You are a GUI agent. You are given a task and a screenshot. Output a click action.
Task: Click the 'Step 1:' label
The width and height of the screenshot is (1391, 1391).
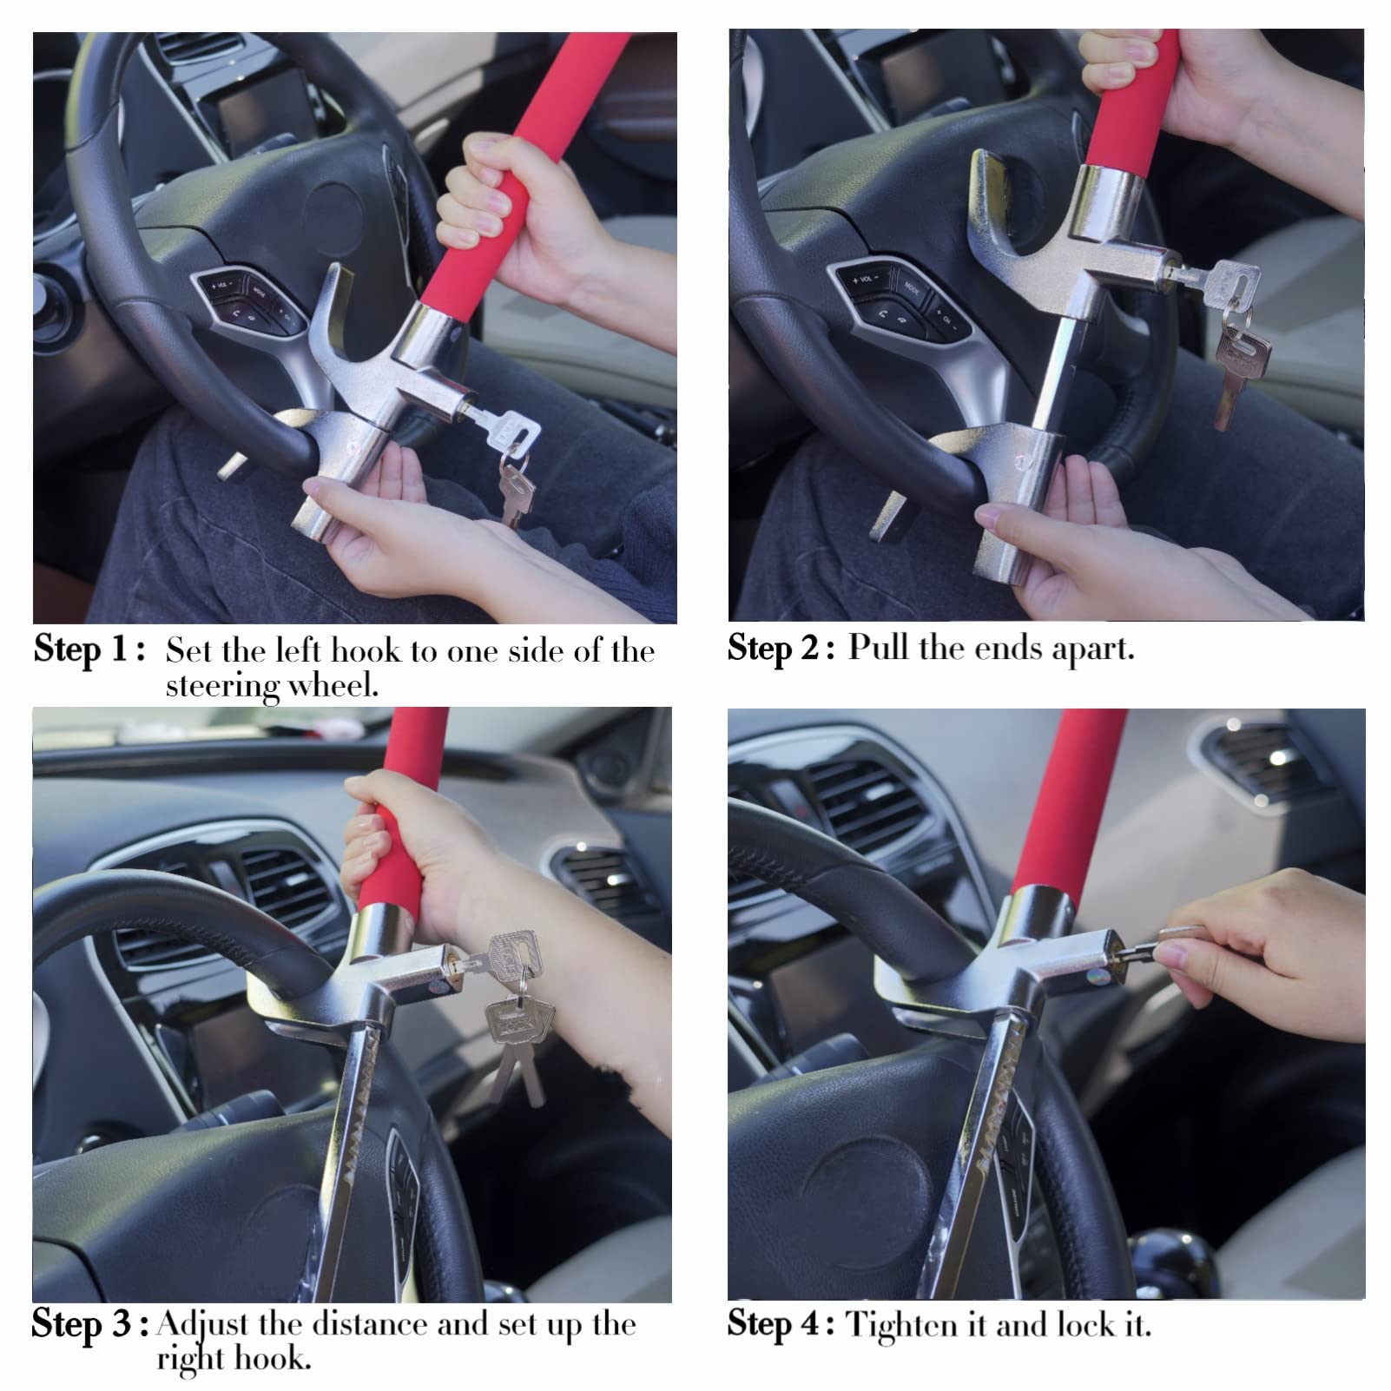pyautogui.click(x=89, y=649)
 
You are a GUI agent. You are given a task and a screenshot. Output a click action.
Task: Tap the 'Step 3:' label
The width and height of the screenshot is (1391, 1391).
pyautogui.click(x=90, y=1325)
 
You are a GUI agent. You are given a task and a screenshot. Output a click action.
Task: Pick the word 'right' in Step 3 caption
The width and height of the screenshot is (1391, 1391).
pyautogui.click(x=190, y=1359)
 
